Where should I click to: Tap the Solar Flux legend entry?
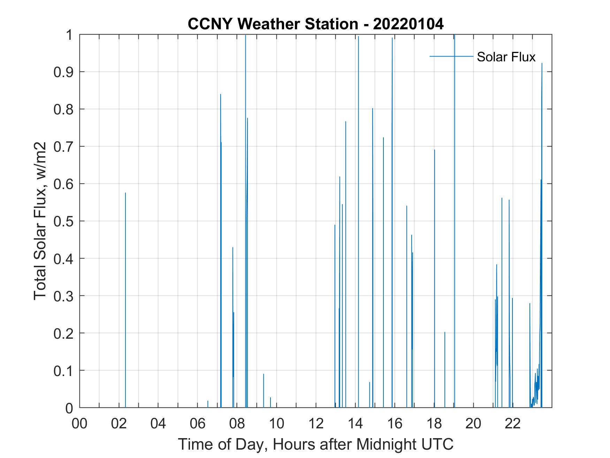click(505, 57)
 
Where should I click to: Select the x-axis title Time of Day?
click(315, 444)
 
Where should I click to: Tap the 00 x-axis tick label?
click(79, 424)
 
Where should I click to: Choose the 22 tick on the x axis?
click(512, 424)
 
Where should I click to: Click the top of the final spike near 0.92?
click(542, 64)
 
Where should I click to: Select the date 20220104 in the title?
click(408, 24)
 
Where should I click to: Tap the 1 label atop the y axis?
click(69, 35)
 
